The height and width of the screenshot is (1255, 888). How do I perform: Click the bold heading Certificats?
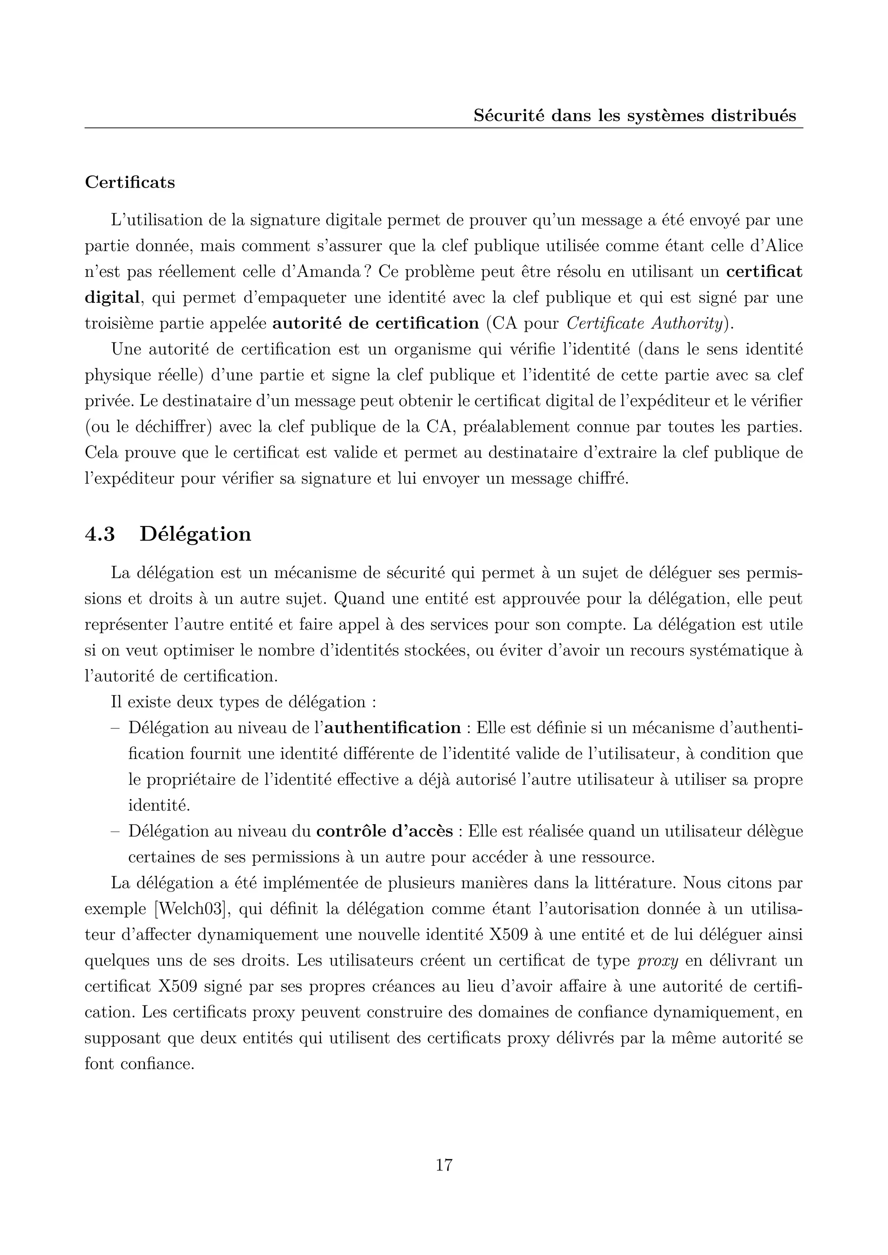(x=130, y=182)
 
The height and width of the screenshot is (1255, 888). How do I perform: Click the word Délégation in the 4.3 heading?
(x=195, y=534)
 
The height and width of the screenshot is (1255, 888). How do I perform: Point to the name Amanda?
(x=323, y=272)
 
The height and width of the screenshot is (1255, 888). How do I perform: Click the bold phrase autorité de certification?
(x=375, y=324)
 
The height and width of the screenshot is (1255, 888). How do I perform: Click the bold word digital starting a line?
(x=112, y=298)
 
